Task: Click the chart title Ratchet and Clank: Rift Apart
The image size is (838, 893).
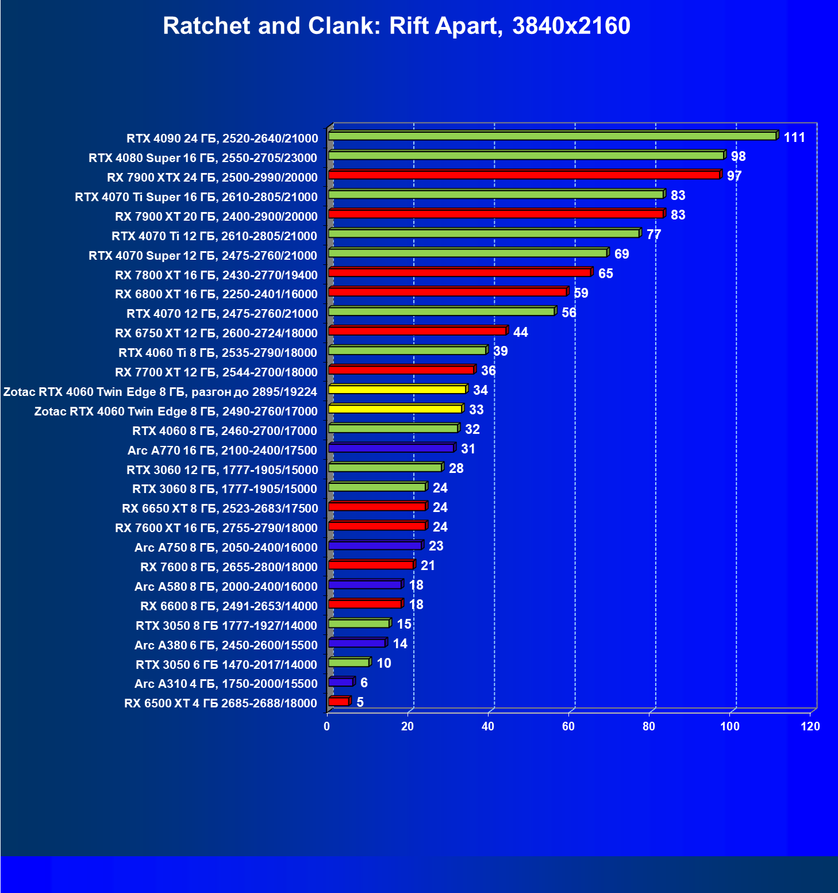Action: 397,26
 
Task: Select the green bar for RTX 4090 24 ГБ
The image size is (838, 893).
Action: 552,136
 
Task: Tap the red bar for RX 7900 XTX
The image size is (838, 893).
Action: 524,175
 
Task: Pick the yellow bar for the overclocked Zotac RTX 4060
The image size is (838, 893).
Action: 397,390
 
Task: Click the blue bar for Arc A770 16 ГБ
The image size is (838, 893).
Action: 391,448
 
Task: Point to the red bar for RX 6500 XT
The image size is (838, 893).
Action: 339,702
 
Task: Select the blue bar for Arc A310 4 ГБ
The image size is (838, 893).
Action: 341,682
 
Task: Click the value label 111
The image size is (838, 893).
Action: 794,137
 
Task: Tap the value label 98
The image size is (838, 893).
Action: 738,156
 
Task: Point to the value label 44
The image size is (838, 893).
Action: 520,332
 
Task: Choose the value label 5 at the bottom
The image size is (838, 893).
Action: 360,702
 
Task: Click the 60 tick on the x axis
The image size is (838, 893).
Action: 568,726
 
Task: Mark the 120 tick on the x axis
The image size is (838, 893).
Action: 810,726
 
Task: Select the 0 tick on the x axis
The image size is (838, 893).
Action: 327,726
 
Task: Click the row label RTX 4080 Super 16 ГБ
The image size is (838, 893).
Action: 203,158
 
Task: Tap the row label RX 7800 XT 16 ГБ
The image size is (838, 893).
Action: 216,275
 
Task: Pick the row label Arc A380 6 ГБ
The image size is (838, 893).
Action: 226,645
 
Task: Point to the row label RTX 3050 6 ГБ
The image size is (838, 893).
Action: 226,665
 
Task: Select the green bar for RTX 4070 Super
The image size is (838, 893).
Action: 468,253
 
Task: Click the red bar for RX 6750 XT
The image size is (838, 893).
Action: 417,331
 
